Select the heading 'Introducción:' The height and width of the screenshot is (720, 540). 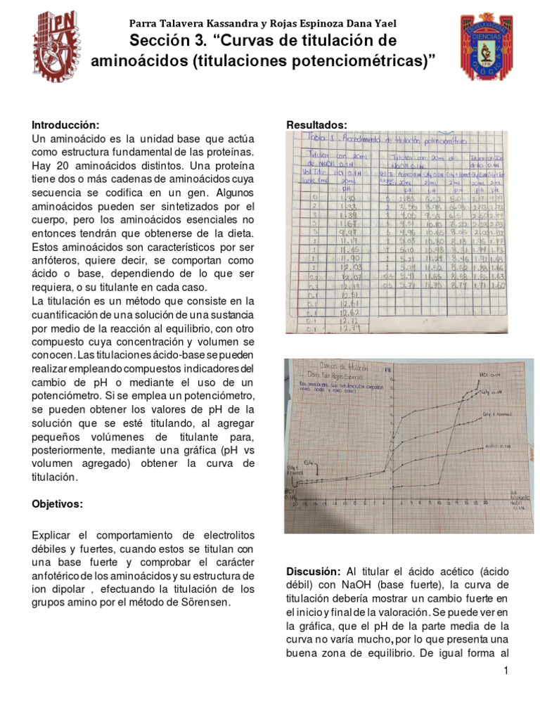[60, 124]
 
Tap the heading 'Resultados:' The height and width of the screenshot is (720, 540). [316, 124]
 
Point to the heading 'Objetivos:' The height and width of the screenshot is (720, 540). [58, 504]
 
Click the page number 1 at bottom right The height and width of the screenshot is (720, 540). [506, 672]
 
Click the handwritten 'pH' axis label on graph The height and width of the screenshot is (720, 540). [387, 368]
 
